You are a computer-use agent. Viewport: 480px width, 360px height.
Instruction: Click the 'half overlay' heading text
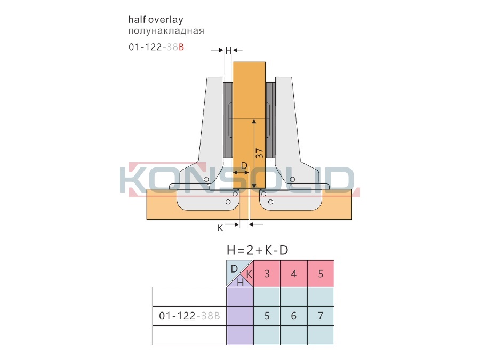[156, 20]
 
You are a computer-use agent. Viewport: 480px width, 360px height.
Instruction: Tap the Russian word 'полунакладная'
[166, 31]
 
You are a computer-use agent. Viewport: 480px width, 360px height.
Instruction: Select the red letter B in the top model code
[181, 47]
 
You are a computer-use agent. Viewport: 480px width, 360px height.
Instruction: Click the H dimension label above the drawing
[228, 51]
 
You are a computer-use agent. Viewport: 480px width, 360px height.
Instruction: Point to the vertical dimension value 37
[259, 154]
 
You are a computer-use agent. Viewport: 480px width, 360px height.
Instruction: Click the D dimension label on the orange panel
[244, 166]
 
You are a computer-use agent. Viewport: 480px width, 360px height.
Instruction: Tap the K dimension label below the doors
[220, 228]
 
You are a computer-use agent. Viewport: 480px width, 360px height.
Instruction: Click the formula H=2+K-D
[258, 251]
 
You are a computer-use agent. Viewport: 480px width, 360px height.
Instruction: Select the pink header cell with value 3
[267, 274]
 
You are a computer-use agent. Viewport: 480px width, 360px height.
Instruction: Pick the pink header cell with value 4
[293, 274]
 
